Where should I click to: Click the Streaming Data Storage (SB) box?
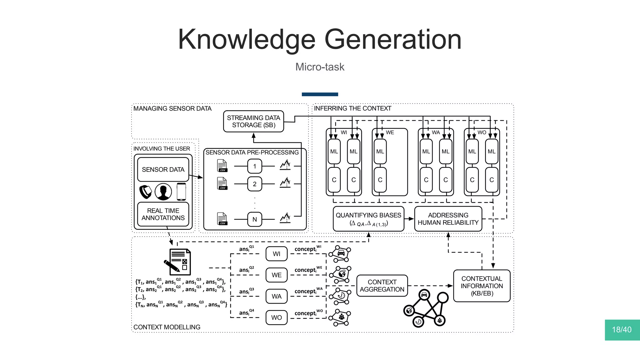(x=253, y=121)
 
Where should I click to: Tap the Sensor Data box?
(x=163, y=169)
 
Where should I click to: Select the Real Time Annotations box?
(x=163, y=214)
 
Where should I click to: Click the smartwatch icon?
(x=145, y=192)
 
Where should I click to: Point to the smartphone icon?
(x=181, y=192)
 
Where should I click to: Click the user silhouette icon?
(x=163, y=192)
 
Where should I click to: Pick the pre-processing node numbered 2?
(x=255, y=184)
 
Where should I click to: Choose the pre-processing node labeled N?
(x=255, y=219)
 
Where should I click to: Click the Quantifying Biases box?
(x=368, y=219)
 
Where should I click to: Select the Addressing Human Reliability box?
(x=448, y=219)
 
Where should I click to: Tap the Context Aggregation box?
(x=382, y=286)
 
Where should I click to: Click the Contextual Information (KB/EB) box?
(x=482, y=286)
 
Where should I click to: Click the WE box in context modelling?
(x=277, y=275)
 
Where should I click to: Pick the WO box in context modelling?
(x=277, y=317)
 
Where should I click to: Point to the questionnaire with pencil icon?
(x=178, y=262)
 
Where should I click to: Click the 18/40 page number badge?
(x=622, y=330)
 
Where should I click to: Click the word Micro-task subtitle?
(x=320, y=67)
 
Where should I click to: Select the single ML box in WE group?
(x=380, y=152)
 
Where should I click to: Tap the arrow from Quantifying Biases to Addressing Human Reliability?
(x=409, y=219)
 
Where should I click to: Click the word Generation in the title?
(x=393, y=39)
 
